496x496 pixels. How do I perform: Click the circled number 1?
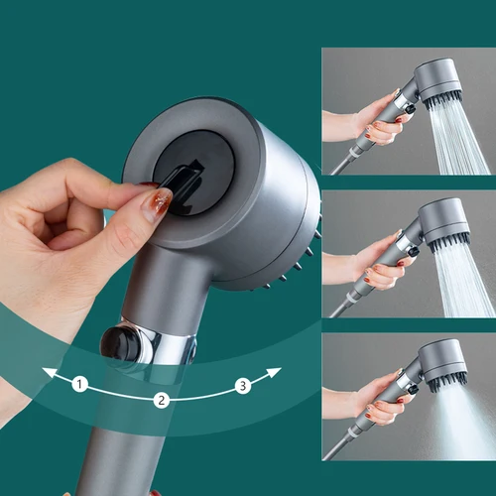(80, 383)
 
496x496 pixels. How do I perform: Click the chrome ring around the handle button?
(159, 342)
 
